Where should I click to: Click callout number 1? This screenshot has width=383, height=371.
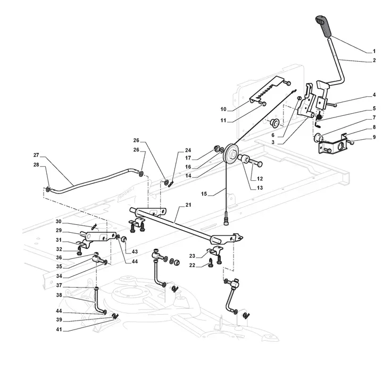374,51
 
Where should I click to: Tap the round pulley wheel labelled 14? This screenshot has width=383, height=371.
230,154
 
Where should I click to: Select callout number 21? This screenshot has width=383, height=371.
188,205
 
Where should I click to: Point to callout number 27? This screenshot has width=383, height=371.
36,155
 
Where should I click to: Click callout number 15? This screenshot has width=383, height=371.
204,194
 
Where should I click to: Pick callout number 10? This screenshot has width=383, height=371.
223,109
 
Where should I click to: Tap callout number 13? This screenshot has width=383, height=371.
260,188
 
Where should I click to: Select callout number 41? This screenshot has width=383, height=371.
59,330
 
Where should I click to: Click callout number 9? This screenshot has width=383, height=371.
374,138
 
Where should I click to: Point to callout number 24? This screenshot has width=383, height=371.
188,150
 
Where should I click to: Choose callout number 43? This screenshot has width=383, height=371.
135,251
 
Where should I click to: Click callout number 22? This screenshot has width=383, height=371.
192,265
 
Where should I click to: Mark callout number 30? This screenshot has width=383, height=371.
59,222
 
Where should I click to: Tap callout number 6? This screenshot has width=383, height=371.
273,135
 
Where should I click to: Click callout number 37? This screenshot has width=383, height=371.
59,285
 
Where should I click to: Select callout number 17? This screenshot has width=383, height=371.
188,158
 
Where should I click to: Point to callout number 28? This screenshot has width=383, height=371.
36,165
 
